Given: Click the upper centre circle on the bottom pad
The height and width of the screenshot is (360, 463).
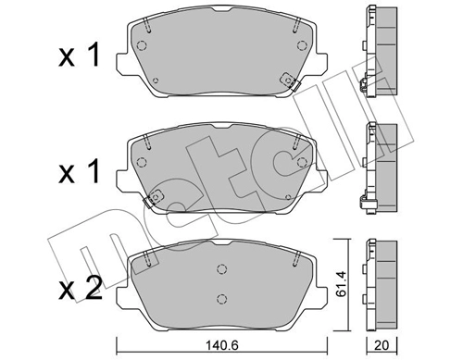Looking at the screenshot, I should point(220,269).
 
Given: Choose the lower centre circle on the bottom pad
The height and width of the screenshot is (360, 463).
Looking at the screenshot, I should point(220,297).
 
